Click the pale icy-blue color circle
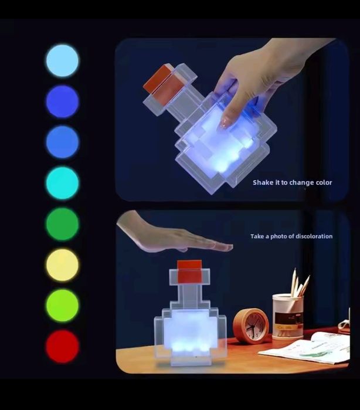pyautogui.click(x=62, y=60)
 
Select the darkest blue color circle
pyautogui.click(x=62, y=101)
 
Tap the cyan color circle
pyautogui.click(x=62, y=183)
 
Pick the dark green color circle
pyautogui.click(x=62, y=223)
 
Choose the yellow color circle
pyautogui.click(x=62, y=265)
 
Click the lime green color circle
pyautogui.click(x=62, y=305)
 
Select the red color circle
pyautogui.click(x=62, y=346)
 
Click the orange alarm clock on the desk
pyautogui.click(x=251, y=325)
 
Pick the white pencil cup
pyautogui.click(x=287, y=317)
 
